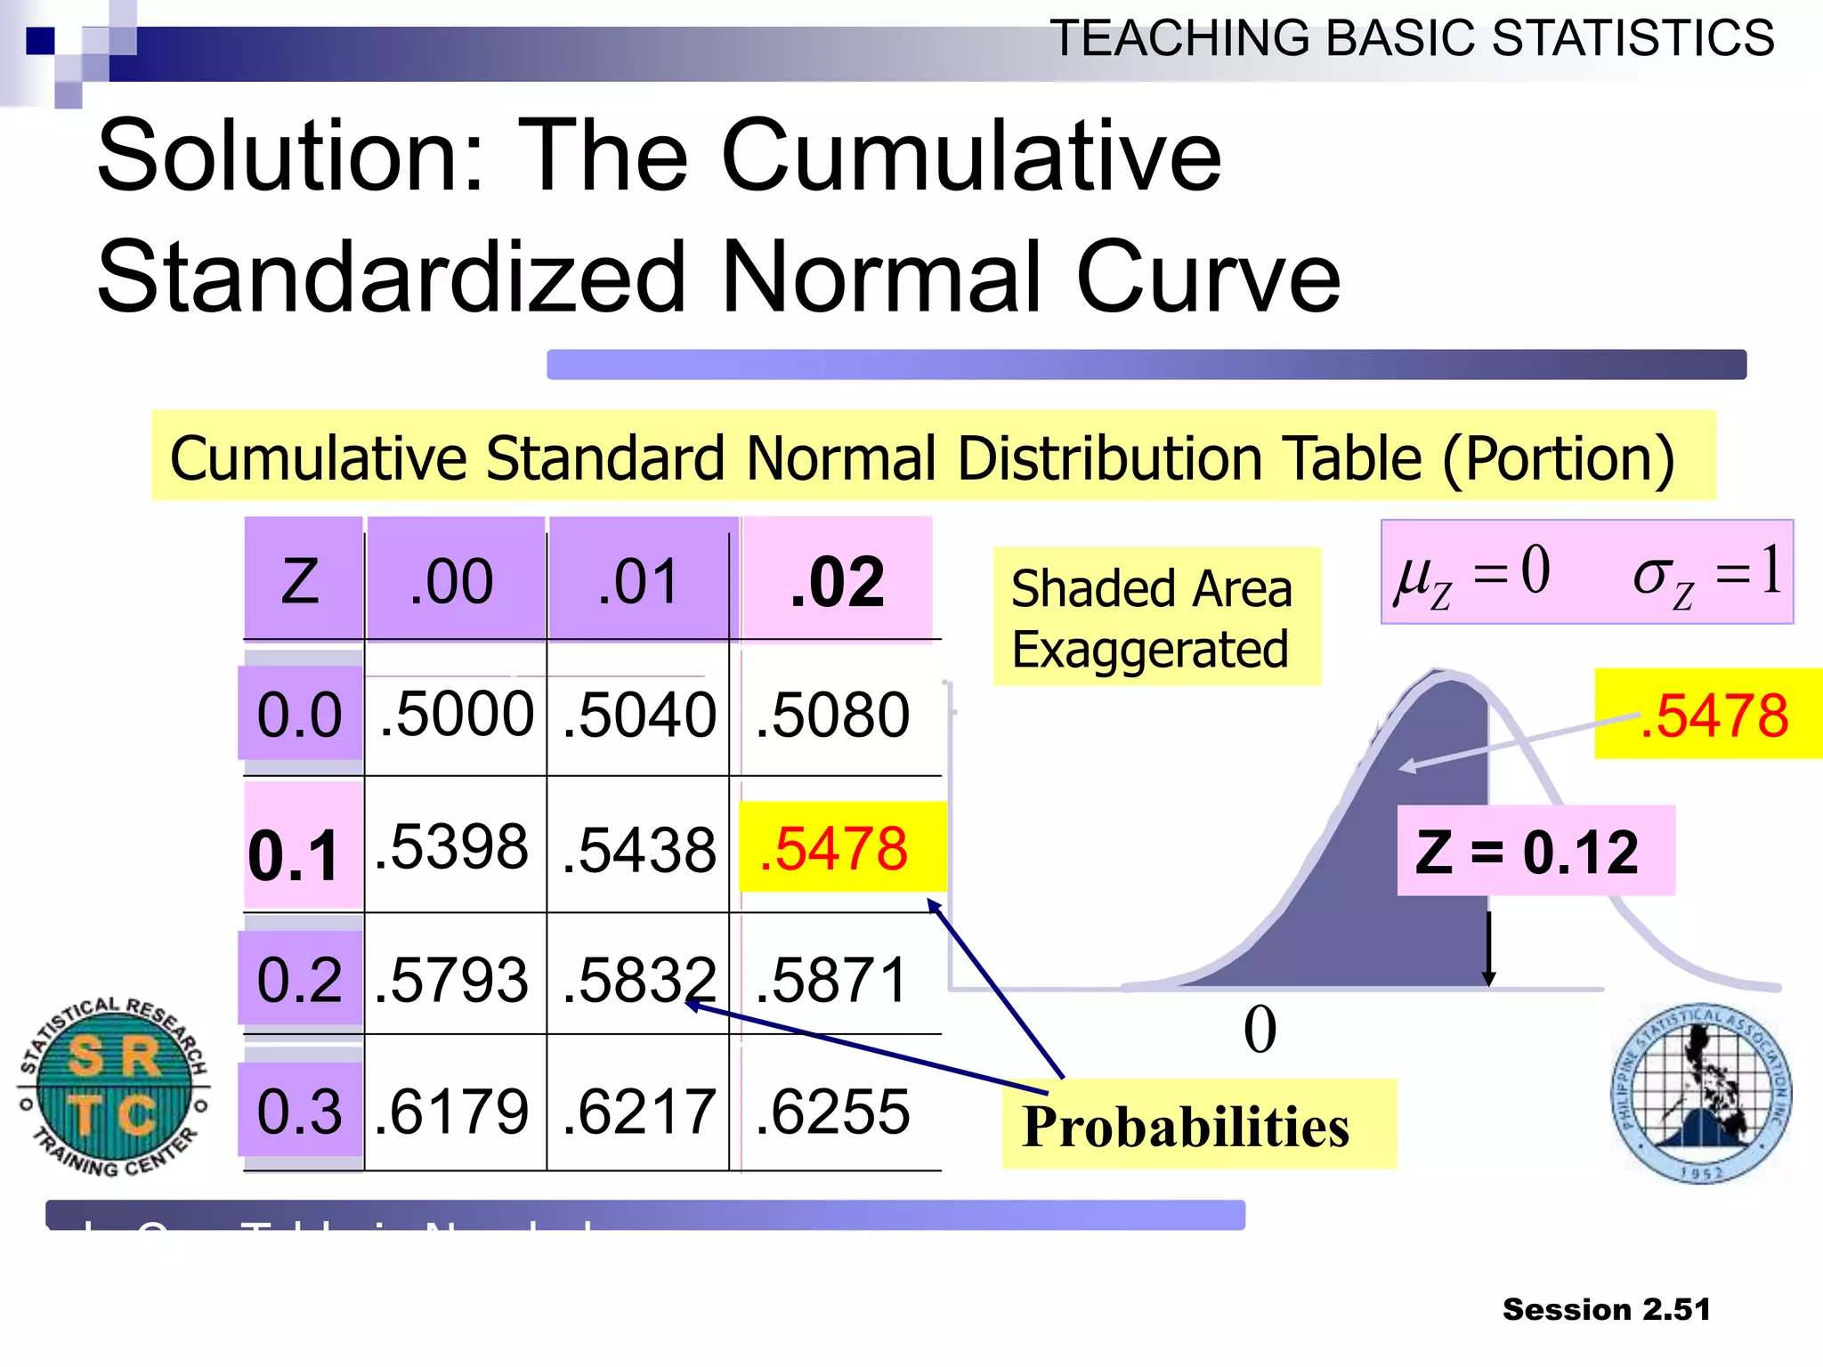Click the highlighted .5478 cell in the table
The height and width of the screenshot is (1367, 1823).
click(840, 848)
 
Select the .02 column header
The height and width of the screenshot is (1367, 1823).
click(837, 581)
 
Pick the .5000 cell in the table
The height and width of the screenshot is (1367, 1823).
click(456, 715)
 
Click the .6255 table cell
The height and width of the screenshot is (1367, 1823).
click(833, 1112)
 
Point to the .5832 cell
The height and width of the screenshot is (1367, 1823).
click(639, 980)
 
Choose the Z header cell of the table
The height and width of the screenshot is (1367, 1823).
click(301, 581)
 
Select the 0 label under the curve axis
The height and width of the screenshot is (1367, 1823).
click(1260, 1031)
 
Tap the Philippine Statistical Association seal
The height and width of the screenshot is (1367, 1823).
click(1701, 1093)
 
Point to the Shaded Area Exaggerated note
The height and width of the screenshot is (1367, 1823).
click(1154, 618)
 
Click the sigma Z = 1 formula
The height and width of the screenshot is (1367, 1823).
click(1707, 573)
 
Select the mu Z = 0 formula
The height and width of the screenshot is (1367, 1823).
click(1473, 573)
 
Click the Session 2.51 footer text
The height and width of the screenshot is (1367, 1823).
click(1606, 1309)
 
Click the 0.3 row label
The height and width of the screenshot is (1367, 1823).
click(300, 1112)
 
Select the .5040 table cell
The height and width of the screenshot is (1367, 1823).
click(639, 715)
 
